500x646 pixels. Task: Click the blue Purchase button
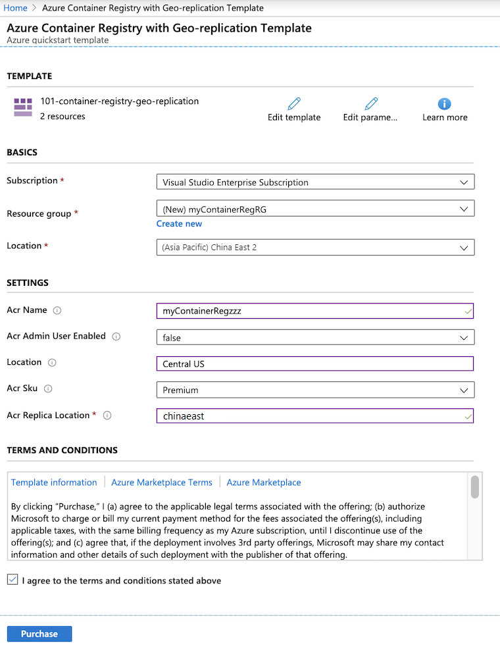[39, 633]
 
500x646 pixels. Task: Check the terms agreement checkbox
[12, 579]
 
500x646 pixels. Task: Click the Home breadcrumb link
[16, 8]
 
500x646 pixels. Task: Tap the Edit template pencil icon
[294, 103]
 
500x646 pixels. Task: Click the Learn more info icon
[445, 103]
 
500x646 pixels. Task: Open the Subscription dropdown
[315, 182]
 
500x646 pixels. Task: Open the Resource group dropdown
[315, 209]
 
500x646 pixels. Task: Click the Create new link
[179, 224]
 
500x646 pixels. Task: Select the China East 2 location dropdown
[315, 248]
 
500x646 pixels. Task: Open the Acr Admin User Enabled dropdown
[315, 337]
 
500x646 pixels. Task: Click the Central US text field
[315, 363]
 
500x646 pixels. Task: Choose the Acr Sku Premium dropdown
[315, 390]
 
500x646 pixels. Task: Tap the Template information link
[54, 483]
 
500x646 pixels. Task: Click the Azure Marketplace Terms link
[162, 483]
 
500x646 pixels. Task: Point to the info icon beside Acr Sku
[48, 389]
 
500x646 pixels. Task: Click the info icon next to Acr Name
[57, 310]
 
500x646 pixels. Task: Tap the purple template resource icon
[23, 107]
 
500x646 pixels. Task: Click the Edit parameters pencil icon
[371, 103]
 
